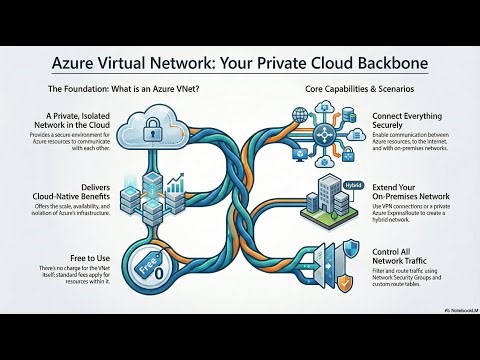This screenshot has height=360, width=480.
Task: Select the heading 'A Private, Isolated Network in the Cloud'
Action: tap(51, 123)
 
